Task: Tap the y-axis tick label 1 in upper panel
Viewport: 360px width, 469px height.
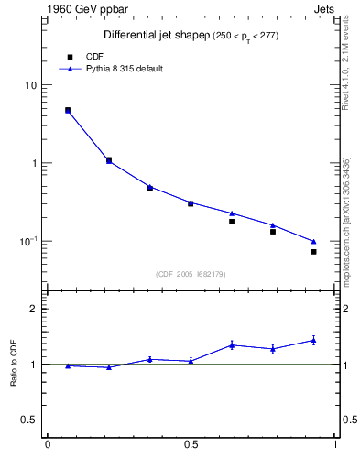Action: [x=34, y=163]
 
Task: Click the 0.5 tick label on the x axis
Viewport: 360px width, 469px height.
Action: [x=191, y=446]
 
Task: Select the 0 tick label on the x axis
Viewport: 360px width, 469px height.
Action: [x=47, y=446]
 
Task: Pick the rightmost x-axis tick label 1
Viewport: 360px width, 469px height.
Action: [x=335, y=446]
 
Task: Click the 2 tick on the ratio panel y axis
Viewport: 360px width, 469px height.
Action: [x=34, y=309]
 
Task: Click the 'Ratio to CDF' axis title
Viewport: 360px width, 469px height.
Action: [x=14, y=365]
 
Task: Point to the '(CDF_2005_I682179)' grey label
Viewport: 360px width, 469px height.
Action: [x=191, y=273]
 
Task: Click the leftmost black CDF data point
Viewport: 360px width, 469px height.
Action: [x=68, y=110]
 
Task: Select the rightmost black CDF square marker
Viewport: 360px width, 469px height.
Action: [x=313, y=251]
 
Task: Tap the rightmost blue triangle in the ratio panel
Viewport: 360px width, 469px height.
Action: [x=313, y=340]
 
